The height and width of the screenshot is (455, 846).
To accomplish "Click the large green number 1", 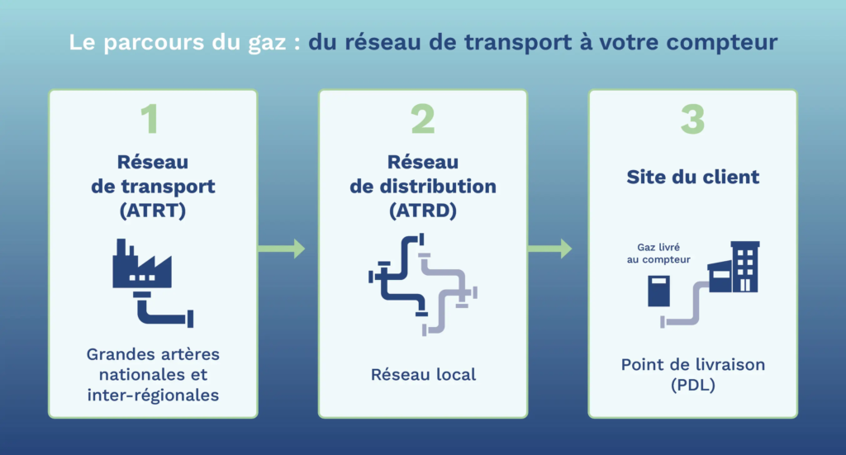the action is coord(150,119).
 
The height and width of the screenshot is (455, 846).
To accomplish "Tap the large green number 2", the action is coord(423,119).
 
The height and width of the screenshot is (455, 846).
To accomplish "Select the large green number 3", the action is coord(693,119).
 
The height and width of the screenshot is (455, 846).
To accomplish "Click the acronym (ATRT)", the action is coord(153,211).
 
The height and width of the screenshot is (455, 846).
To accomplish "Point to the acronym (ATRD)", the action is coord(423,211).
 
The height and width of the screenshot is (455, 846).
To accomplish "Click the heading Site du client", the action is coord(693,177).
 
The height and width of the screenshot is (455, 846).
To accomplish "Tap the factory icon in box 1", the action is coord(142,264).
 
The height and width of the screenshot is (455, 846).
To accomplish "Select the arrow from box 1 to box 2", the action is coord(282,249).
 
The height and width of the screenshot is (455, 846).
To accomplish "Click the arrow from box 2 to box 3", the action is coord(549,249).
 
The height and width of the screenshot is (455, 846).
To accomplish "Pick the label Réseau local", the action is coord(424,374).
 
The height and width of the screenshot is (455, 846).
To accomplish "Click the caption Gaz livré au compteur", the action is coord(658,254).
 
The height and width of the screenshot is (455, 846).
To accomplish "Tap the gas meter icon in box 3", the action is coord(658,291).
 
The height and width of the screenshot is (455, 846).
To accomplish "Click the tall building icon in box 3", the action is coord(745,267).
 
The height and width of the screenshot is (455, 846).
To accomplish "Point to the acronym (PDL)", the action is coord(693,385).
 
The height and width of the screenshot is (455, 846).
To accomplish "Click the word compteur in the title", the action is coord(722,43).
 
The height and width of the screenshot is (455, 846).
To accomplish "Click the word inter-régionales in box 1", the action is coord(153,396).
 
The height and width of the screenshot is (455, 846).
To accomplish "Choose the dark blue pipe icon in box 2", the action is coord(398,274).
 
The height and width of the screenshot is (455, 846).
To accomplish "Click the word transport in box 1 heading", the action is coord(168,187).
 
